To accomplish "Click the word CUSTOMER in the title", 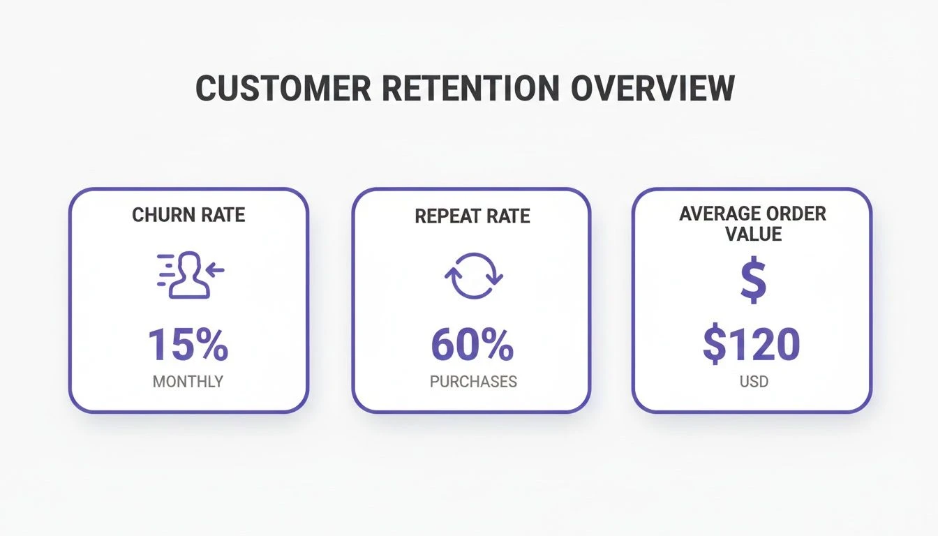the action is (283, 88).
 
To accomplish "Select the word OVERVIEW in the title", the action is (653, 88).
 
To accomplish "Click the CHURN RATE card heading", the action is (188, 215).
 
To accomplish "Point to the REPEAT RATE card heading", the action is (472, 216).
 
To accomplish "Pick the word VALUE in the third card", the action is (753, 234).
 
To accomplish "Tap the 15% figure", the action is (188, 345).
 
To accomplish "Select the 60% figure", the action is (472, 345).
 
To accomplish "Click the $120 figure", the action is (752, 345).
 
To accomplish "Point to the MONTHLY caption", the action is (188, 382).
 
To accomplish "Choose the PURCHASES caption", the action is (473, 382).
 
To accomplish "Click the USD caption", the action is (754, 382).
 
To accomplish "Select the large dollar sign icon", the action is (754, 279).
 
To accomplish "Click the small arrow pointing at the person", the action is (215, 270).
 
